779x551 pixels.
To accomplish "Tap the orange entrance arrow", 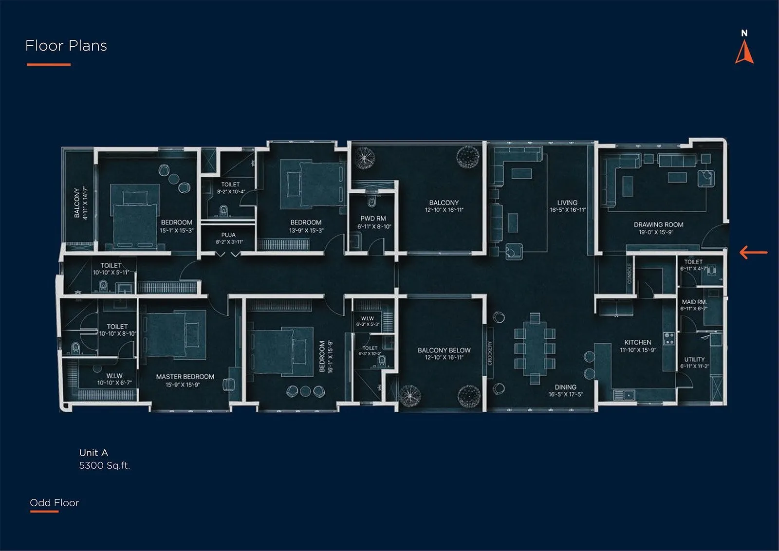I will tap(753, 252).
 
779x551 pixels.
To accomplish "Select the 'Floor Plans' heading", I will tap(66, 46).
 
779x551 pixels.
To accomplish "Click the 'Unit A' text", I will tap(93, 453).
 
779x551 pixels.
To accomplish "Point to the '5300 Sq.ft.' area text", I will tap(105, 465).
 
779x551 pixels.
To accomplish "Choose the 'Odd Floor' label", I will tap(54, 503).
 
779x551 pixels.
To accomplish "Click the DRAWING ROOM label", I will tap(658, 225).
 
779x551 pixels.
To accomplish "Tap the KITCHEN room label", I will tap(638, 343).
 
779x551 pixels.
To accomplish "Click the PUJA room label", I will tap(228, 235).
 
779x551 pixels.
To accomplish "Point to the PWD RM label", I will tap(373, 219).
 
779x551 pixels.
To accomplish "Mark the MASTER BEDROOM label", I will tap(185, 377).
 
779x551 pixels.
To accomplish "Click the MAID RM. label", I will tap(694, 302).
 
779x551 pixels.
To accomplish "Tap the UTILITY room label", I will tap(694, 360).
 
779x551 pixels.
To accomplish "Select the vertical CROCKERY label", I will tap(490, 353).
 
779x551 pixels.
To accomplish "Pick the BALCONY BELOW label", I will tap(444, 350).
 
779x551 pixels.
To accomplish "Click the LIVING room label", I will tap(567, 202).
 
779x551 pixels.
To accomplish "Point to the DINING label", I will tap(565, 387).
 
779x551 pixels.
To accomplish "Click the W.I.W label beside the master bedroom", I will tap(114, 376).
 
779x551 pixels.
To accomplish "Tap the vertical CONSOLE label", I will tap(629, 274).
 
